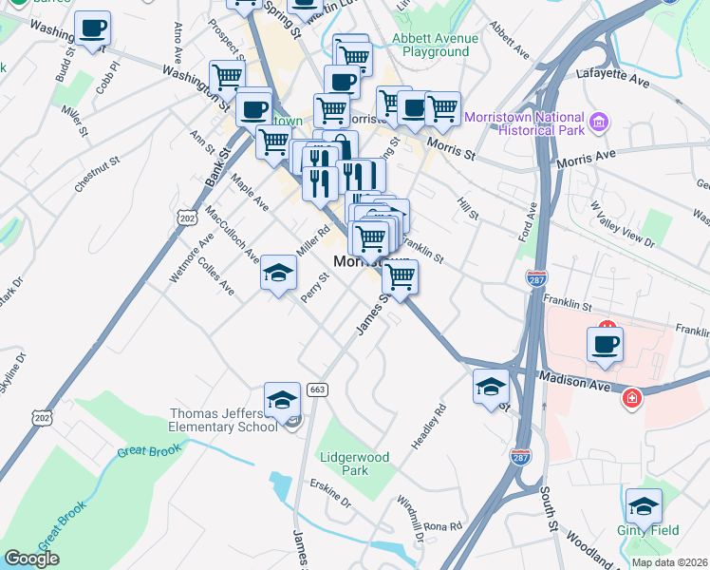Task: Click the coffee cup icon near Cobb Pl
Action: pyautogui.click(x=92, y=29)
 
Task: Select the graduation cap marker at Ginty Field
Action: pyautogui.click(x=644, y=506)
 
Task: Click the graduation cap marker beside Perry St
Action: pyautogui.click(x=278, y=274)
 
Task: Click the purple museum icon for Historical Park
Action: pyautogui.click(x=598, y=123)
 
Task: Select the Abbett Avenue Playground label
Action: pyautogui.click(x=431, y=46)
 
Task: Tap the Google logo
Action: pyautogui.click(x=31, y=559)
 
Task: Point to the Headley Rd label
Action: pyautogui.click(x=428, y=428)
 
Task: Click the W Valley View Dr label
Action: pyautogui.click(x=622, y=224)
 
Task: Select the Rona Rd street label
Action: pyautogui.click(x=442, y=525)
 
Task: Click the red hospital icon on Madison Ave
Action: pyautogui.click(x=629, y=398)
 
